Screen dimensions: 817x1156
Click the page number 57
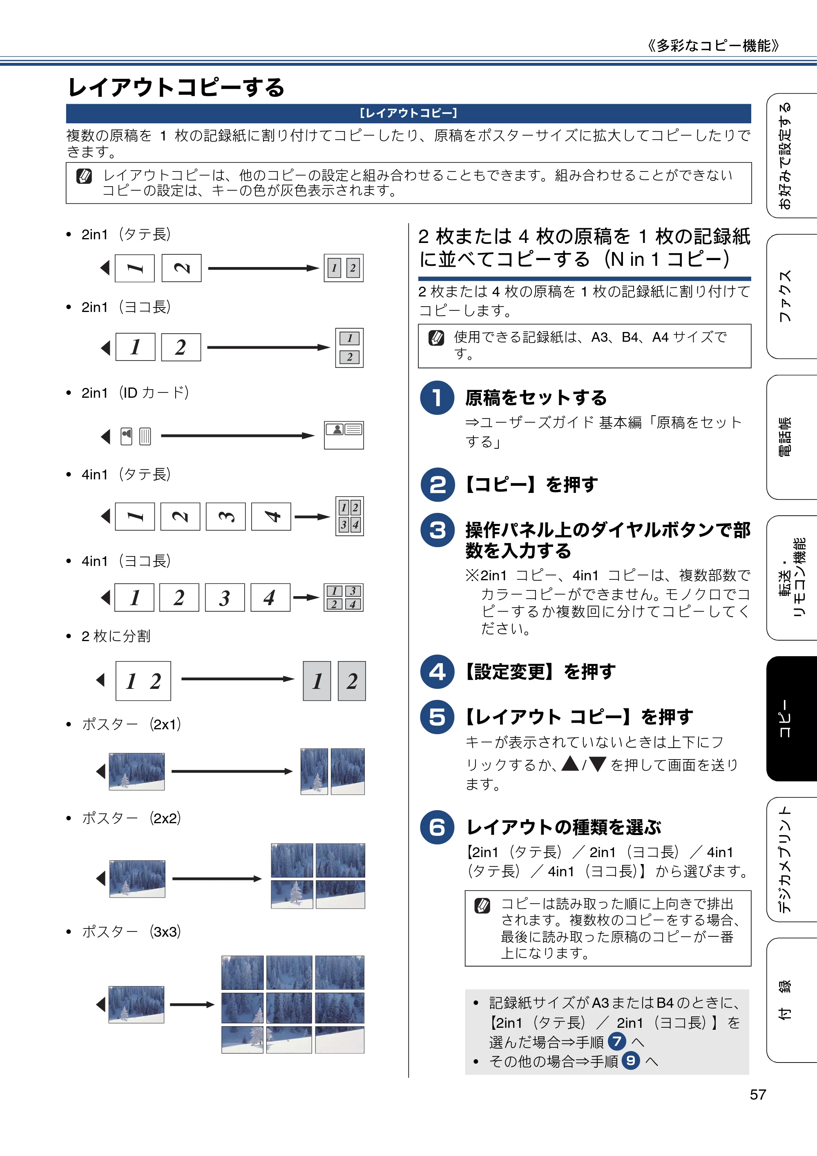coord(758,1095)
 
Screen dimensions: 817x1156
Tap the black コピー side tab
coord(791,719)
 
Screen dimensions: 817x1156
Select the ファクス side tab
coord(791,296)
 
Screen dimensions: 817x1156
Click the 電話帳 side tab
coord(791,437)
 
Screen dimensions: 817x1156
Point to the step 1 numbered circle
coord(437,398)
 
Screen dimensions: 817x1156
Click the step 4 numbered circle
coord(437,672)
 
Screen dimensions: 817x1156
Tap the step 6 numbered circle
coord(437,827)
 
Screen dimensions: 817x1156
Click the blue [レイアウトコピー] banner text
coord(408,113)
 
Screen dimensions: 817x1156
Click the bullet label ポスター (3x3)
coord(132,931)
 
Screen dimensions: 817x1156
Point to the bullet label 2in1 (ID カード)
coord(135,393)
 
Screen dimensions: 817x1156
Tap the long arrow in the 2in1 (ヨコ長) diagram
coord(268,347)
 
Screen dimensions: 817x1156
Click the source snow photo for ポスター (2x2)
coord(137,879)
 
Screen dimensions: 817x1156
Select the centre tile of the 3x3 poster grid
coord(289,1008)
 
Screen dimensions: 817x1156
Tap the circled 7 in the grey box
coord(617,1041)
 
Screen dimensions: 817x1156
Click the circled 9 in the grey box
coord(631,1061)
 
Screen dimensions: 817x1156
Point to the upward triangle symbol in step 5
coord(570,763)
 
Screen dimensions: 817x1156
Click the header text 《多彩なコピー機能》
coord(713,46)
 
